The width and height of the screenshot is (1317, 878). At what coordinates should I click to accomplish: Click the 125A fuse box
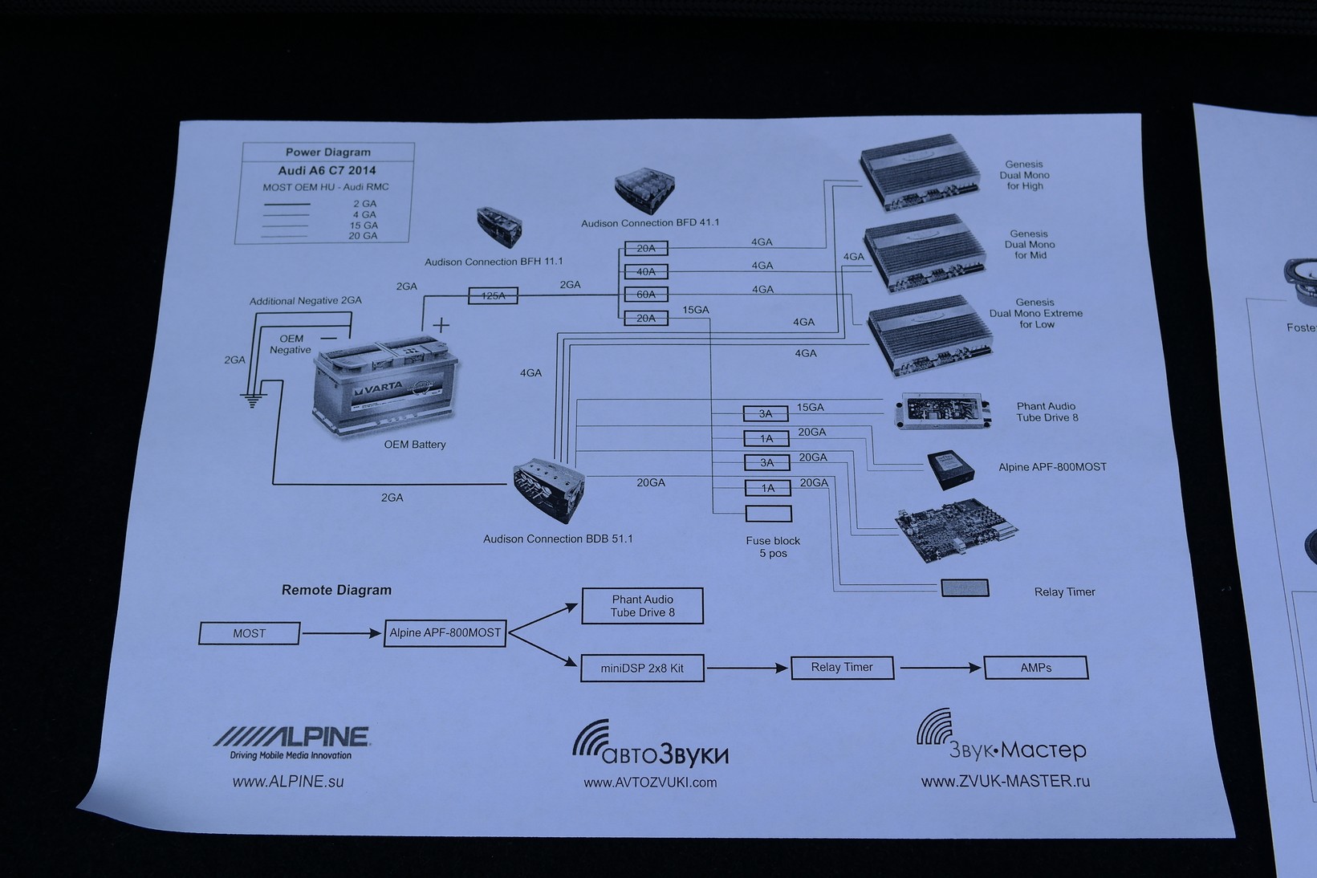pyautogui.click(x=493, y=296)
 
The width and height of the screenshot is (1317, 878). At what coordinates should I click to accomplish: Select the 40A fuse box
pyautogui.click(x=646, y=272)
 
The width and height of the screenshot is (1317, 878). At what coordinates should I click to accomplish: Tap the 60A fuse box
pyautogui.click(x=646, y=295)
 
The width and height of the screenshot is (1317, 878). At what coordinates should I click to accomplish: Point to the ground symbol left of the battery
pyautogui.click(x=253, y=399)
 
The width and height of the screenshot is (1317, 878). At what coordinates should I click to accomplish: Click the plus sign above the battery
pyautogui.click(x=441, y=325)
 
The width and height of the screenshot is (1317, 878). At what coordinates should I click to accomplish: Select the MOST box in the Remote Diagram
pyautogui.click(x=249, y=633)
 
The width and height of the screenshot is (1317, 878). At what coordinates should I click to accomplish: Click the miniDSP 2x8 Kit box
pyautogui.click(x=642, y=668)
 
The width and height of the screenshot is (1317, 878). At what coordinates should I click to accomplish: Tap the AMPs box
pyautogui.click(x=1035, y=668)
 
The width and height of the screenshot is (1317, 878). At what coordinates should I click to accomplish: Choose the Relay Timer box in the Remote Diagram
pyautogui.click(x=842, y=668)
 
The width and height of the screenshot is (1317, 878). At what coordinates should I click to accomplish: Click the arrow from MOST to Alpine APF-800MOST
pyautogui.click(x=341, y=633)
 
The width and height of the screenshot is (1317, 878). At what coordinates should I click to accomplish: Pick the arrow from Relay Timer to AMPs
pyautogui.click(x=940, y=668)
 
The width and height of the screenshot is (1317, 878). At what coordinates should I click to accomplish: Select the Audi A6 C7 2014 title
pyautogui.click(x=327, y=170)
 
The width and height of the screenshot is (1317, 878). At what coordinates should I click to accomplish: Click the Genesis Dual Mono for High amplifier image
pyautogui.click(x=920, y=173)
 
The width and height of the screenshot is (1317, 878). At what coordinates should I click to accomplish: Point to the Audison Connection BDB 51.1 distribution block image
pyautogui.click(x=550, y=490)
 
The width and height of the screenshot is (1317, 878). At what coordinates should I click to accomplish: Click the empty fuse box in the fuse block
pyautogui.click(x=768, y=514)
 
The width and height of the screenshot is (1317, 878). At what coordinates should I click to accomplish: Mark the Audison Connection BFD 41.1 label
pyautogui.click(x=650, y=223)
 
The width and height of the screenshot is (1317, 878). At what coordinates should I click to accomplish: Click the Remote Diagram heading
pyautogui.click(x=336, y=590)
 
